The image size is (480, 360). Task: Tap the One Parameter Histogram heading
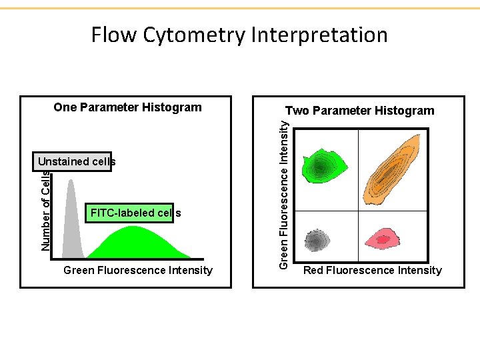pos(127,107)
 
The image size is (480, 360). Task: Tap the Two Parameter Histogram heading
pos(359,111)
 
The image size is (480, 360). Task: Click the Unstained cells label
pos(76,161)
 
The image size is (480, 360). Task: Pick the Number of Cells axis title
pos(45,211)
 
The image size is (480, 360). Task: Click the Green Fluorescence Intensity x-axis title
pos(137,270)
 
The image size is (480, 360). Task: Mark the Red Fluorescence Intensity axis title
pos(372,270)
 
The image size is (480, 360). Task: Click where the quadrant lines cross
pos(358,211)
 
